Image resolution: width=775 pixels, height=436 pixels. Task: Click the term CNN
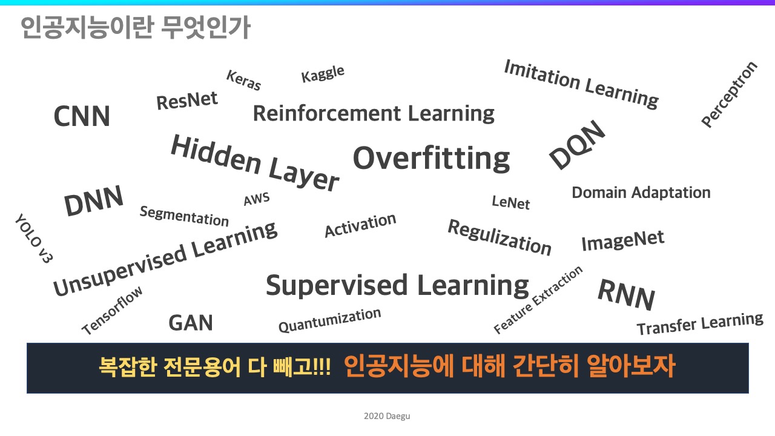click(x=82, y=116)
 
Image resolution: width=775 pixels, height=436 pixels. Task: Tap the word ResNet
click(x=187, y=101)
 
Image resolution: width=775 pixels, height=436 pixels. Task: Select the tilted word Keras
click(x=243, y=81)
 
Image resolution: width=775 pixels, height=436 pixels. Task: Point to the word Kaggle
click(x=323, y=74)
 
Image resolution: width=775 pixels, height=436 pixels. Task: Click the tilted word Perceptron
click(x=730, y=94)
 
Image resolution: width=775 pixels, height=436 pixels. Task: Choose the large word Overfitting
click(x=432, y=159)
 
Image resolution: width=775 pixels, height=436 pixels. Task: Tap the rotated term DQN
click(x=578, y=145)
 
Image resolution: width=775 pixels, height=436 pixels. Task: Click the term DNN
click(x=94, y=200)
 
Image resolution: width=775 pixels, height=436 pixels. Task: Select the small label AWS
click(x=256, y=199)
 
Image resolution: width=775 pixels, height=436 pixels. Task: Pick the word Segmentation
click(x=184, y=216)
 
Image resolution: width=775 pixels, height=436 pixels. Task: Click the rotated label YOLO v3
click(x=34, y=239)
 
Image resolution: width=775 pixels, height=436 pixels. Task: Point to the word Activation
click(x=360, y=225)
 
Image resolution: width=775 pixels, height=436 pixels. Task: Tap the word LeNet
click(x=510, y=202)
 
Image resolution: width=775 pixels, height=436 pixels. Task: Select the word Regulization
click(x=500, y=237)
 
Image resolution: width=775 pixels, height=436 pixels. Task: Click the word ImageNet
click(x=623, y=240)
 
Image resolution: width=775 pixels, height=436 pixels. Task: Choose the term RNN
click(x=627, y=294)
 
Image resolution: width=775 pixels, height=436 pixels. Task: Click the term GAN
click(x=191, y=323)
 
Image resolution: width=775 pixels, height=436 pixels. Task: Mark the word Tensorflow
click(x=112, y=311)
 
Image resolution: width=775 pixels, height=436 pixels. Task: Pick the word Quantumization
click(x=330, y=320)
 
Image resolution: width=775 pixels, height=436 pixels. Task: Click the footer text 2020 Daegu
click(x=387, y=416)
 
